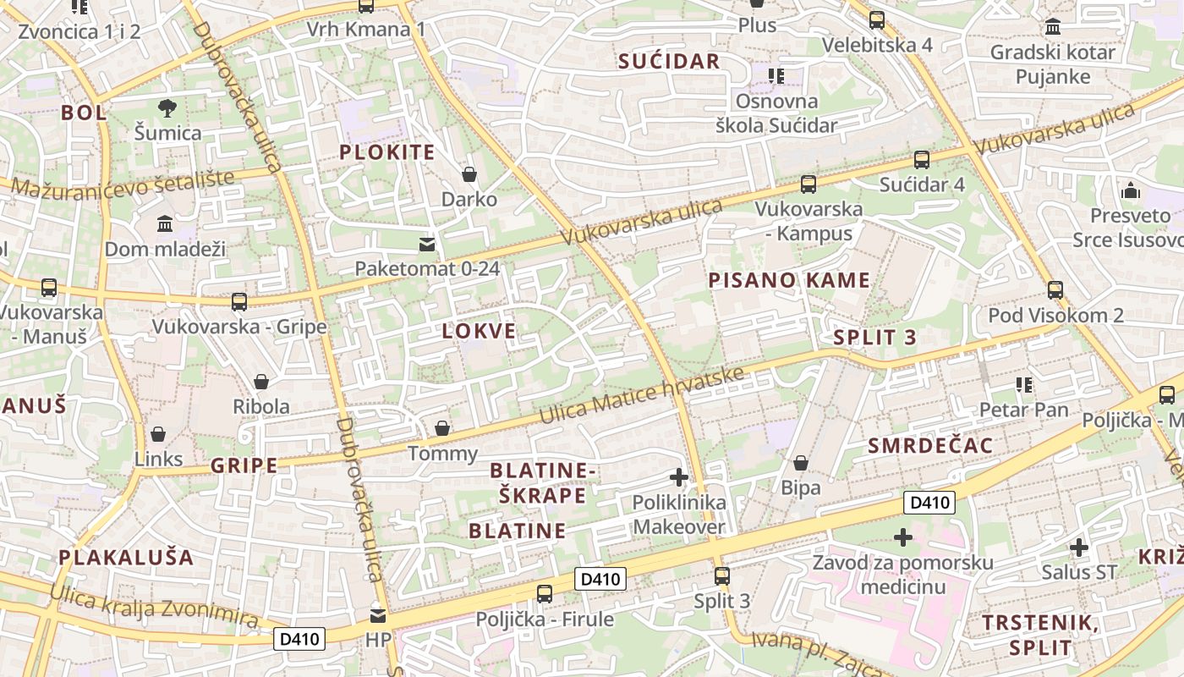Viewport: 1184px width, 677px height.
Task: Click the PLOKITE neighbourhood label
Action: click(387, 152)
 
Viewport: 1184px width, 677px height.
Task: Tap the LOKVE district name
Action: click(479, 331)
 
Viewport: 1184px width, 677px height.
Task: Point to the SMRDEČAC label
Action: click(930, 445)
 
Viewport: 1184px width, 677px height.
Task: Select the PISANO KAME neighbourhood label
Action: click(789, 280)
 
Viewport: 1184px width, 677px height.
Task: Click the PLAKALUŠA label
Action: click(127, 557)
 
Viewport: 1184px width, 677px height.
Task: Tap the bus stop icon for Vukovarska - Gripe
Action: click(239, 302)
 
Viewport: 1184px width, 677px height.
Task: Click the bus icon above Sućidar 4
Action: click(922, 160)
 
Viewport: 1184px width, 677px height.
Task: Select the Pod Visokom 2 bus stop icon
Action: click(1055, 290)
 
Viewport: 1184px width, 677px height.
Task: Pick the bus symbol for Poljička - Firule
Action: click(545, 594)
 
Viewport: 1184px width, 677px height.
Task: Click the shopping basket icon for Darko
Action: click(469, 174)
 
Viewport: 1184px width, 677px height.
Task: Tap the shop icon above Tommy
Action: click(442, 429)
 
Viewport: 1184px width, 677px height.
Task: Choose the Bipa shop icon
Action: click(800, 464)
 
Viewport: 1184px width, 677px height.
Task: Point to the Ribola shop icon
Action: click(261, 382)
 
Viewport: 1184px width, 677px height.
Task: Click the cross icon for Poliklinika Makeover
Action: click(678, 477)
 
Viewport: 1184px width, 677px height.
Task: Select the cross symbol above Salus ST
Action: click(1078, 548)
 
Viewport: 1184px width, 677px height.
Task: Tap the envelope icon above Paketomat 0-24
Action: click(427, 245)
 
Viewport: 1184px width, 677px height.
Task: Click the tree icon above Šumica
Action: click(167, 108)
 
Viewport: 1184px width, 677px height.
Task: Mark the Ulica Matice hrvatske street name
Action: click(643, 396)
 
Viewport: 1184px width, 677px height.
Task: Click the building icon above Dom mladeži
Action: click(165, 224)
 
